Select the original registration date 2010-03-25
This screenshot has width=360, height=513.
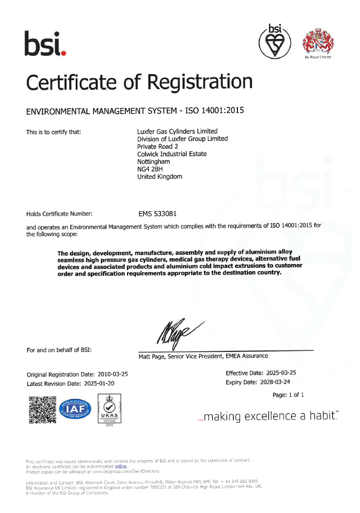pyautogui.click(x=110, y=374)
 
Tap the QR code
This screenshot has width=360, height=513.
pyautogui.click(x=42, y=409)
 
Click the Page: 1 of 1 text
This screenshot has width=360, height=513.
pyautogui.click(x=288, y=395)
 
